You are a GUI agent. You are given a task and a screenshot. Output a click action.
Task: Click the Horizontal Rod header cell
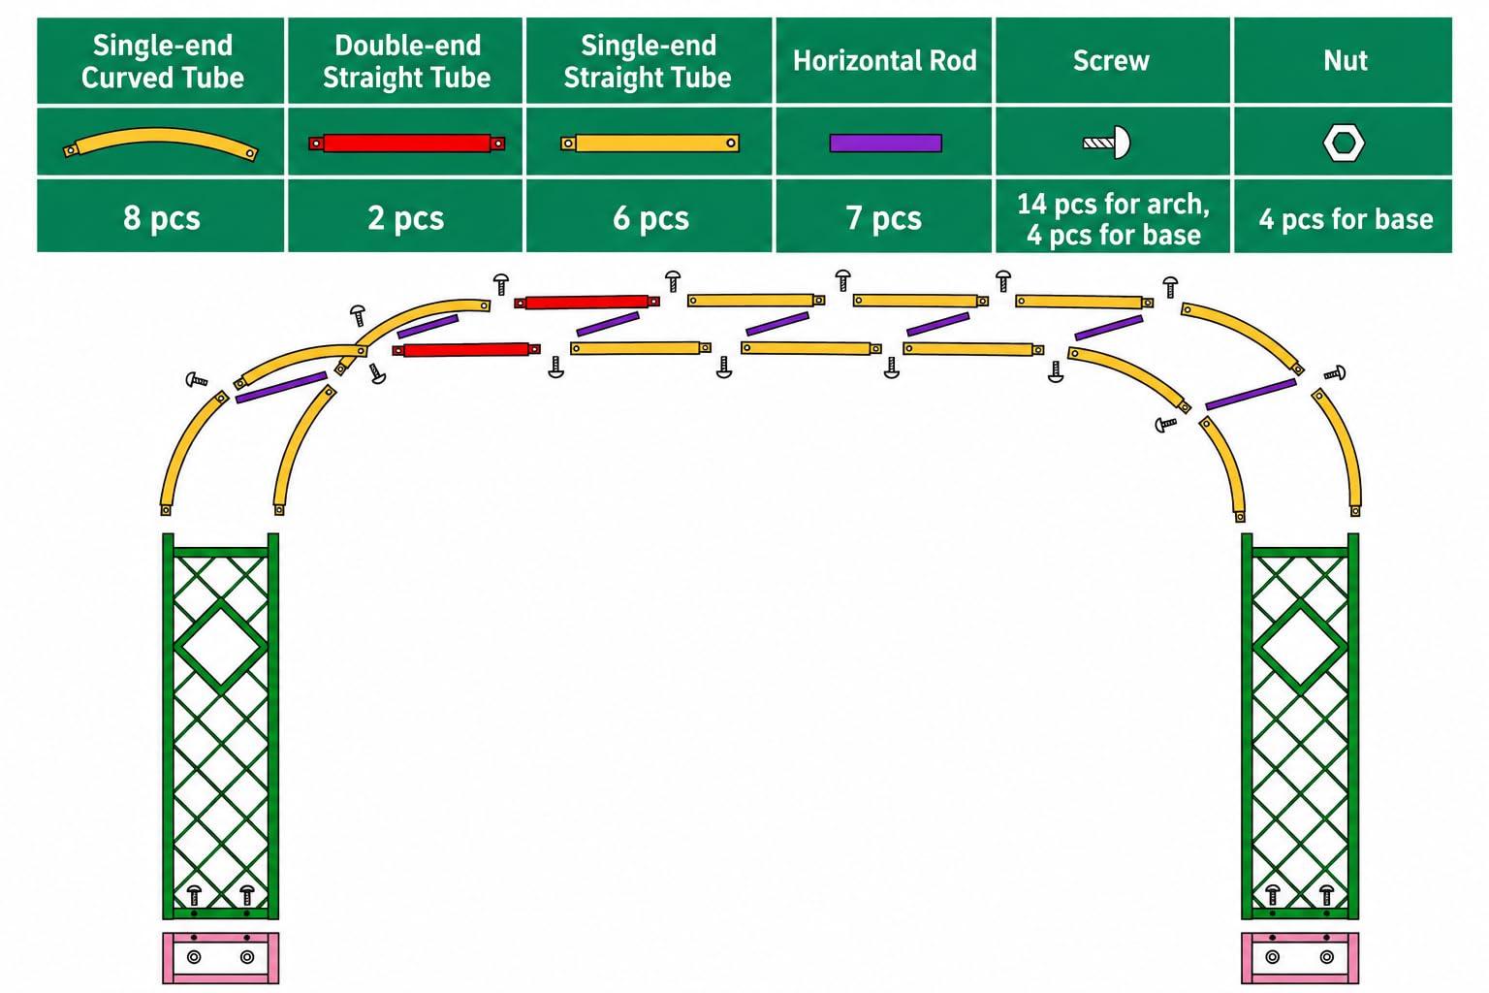click(x=883, y=60)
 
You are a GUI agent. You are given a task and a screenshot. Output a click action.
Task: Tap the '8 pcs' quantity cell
click(x=161, y=216)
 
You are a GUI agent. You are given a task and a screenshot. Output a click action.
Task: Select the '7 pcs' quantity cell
click(x=883, y=216)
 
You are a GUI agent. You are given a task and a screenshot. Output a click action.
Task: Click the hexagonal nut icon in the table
click(x=1344, y=143)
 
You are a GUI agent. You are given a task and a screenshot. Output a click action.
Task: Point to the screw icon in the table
click(x=1107, y=143)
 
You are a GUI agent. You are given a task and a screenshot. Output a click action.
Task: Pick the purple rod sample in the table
click(x=885, y=143)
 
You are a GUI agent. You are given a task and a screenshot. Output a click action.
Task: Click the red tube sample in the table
click(x=406, y=143)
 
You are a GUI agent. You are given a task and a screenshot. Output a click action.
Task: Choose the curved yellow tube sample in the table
click(x=160, y=144)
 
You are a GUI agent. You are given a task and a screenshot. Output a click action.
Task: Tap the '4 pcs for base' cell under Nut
click(x=1344, y=216)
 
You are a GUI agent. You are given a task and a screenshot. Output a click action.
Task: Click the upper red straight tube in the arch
click(x=586, y=303)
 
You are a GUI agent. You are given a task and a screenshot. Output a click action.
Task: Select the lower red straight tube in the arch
click(x=466, y=350)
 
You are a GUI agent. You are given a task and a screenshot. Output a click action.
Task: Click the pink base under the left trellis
click(x=221, y=958)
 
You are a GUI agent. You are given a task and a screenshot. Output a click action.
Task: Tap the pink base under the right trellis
click(x=1300, y=958)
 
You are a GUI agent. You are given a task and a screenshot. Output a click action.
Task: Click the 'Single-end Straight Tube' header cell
click(x=649, y=60)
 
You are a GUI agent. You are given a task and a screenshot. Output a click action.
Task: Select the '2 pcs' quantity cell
click(x=405, y=216)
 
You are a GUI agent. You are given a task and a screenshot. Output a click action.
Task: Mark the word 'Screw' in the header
click(x=1111, y=60)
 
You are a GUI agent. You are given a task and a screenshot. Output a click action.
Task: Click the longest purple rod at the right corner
click(x=1251, y=395)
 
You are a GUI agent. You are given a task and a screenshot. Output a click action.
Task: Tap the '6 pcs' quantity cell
click(x=650, y=216)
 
